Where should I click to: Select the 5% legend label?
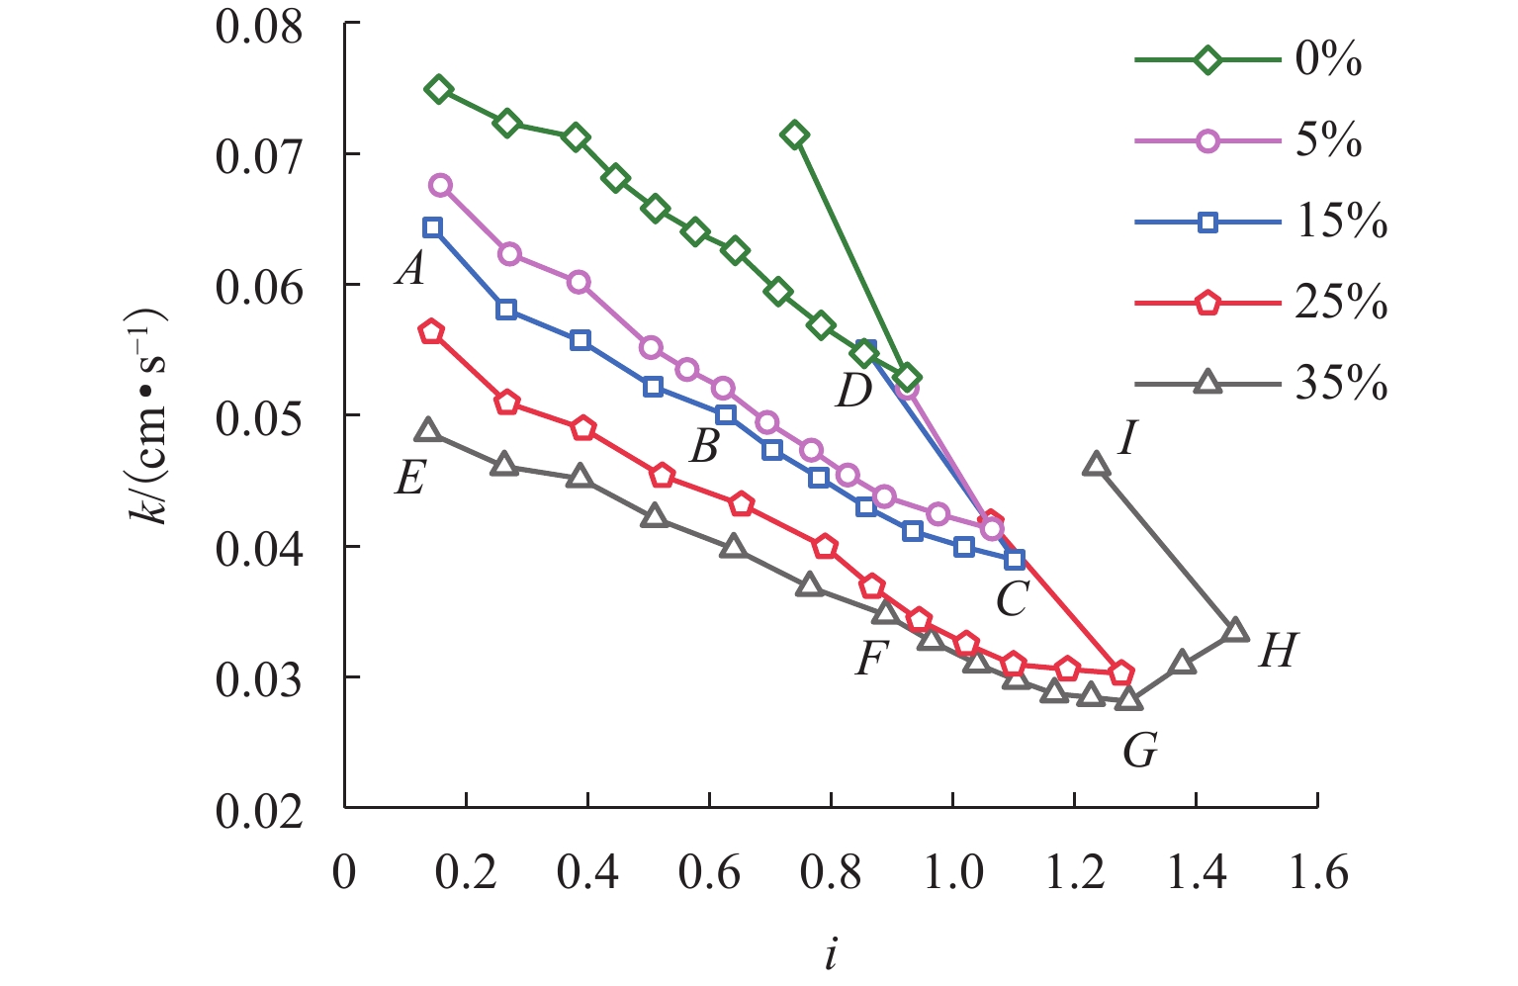[1328, 141]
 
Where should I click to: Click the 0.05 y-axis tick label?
[259, 416]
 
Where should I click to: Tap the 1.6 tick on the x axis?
[1317, 874]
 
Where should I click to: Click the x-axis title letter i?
[831, 954]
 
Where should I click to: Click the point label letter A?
[410, 268]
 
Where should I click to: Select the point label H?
[1277, 652]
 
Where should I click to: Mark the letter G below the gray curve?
[1140, 752]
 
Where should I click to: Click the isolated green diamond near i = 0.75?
[794, 134]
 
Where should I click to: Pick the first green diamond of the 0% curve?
[438, 90]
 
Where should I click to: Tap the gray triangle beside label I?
[1096, 465]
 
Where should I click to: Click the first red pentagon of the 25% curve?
[431, 332]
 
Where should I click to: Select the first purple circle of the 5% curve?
[440, 185]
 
